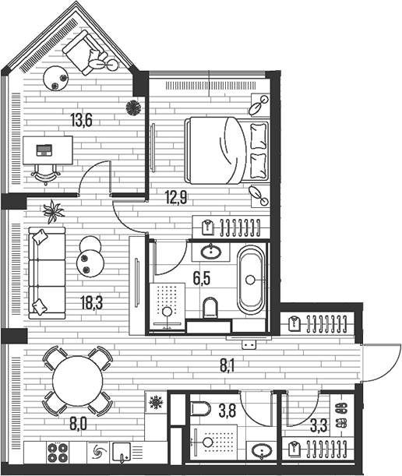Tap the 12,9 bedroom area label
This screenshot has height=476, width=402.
(x=176, y=197)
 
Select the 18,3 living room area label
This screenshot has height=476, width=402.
(x=90, y=301)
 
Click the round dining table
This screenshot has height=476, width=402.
(x=76, y=380)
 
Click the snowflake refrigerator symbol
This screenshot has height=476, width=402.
(x=155, y=403)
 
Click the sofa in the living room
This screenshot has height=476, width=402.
(x=46, y=270)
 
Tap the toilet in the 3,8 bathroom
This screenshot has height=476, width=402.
(x=203, y=411)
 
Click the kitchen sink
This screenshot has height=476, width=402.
(x=122, y=451)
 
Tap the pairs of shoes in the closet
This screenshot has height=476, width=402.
(x=340, y=416)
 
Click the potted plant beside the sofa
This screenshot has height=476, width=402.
(x=54, y=210)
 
